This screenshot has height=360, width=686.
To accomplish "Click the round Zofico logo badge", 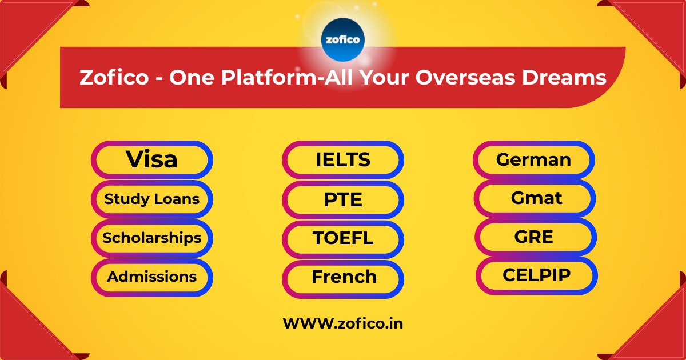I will (x=343, y=39).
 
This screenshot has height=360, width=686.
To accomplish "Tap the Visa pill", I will (x=151, y=159).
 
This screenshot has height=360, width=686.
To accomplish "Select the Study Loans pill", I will (x=151, y=199).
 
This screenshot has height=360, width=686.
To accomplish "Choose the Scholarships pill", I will (x=151, y=238).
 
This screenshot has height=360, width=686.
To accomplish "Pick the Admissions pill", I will (x=151, y=277).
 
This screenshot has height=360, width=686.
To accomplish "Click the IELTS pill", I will (x=343, y=160).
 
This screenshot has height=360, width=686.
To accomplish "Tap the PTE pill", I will (x=343, y=200).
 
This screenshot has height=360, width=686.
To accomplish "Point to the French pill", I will (x=344, y=278).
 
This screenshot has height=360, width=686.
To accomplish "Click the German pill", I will (x=533, y=159).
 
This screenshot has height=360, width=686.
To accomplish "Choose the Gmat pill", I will (x=536, y=198).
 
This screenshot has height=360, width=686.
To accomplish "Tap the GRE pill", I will (x=534, y=237).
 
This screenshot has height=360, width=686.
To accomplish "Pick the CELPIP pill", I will (x=536, y=275).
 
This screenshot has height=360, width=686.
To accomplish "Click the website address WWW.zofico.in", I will (x=343, y=323).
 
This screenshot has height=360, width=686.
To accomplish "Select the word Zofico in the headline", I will (x=113, y=78).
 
